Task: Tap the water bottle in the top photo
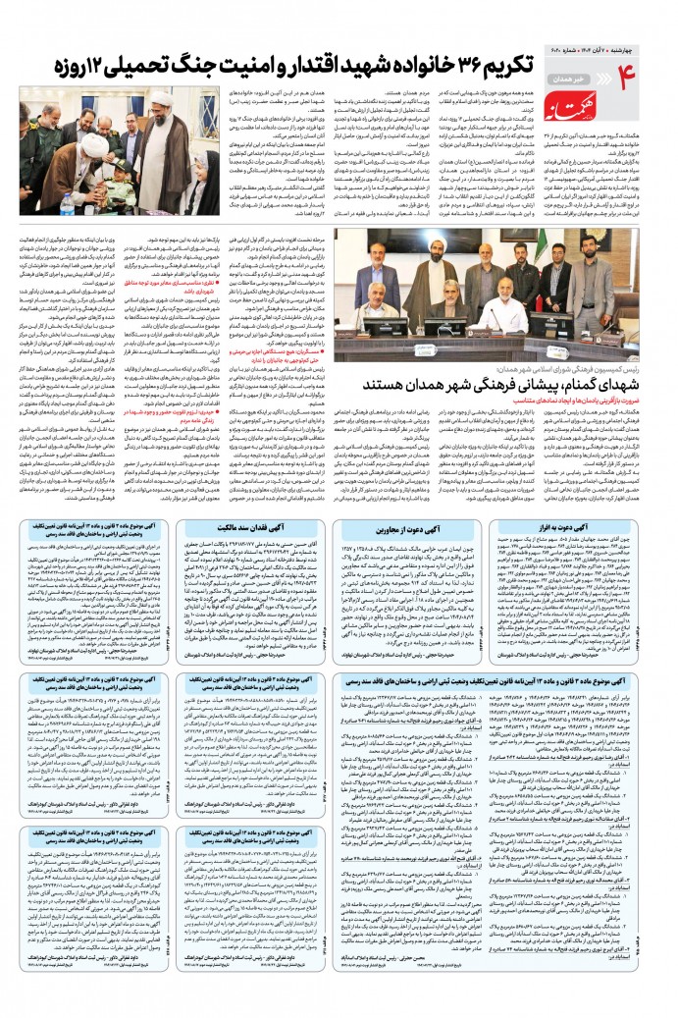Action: point(66,204)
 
